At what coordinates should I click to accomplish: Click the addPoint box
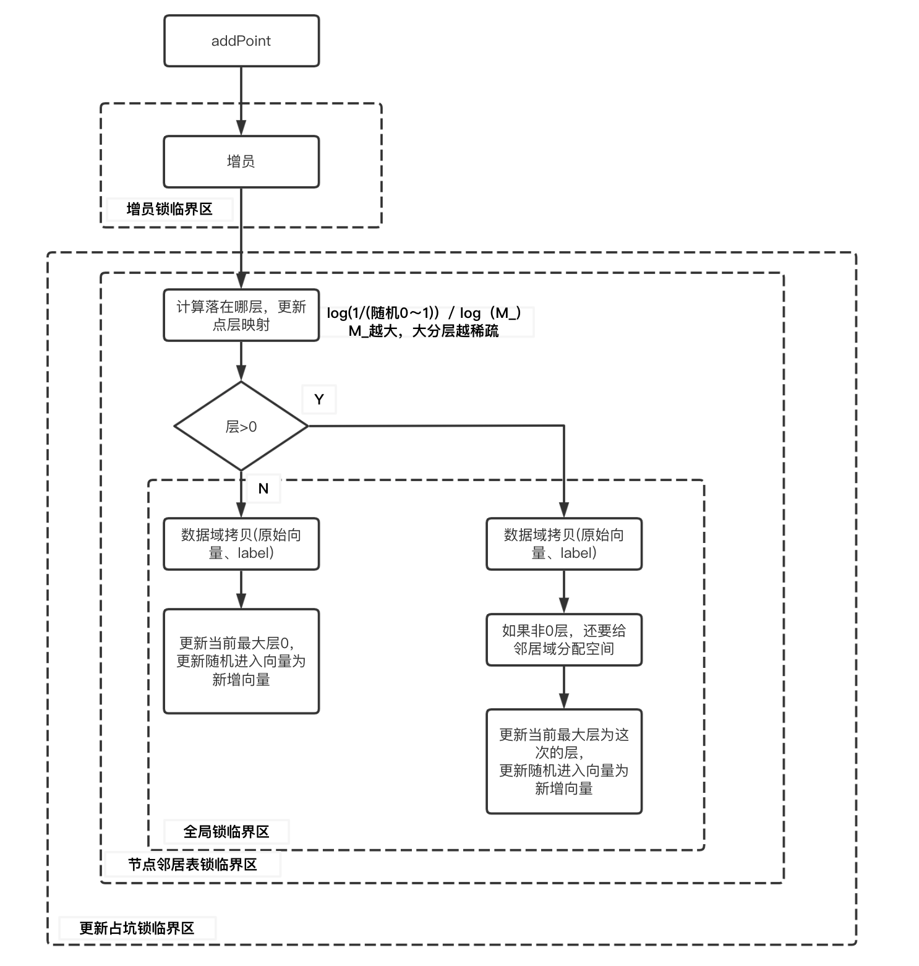click(241, 41)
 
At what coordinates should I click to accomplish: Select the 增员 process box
click(241, 161)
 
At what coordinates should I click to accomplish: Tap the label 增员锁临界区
click(169, 209)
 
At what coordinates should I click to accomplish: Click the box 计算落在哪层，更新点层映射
click(241, 315)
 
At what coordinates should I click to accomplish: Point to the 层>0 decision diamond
click(241, 426)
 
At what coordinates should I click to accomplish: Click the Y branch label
click(319, 400)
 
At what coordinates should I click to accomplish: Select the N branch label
click(263, 489)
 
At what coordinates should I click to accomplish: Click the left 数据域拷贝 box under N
click(241, 544)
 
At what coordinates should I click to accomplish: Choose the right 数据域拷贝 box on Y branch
click(564, 544)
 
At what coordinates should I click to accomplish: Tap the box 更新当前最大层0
click(241, 661)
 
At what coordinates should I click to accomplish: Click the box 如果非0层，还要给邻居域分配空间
click(564, 639)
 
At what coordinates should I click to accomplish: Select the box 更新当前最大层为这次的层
click(564, 761)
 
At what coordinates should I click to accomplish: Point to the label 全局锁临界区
click(226, 832)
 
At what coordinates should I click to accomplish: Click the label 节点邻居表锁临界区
click(192, 865)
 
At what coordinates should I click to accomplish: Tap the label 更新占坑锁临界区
click(137, 928)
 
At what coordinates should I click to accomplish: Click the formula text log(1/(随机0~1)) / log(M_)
click(424, 313)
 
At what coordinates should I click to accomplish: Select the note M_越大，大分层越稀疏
click(424, 331)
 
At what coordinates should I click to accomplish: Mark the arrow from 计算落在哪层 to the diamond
click(241, 361)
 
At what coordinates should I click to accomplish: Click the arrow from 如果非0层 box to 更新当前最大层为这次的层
click(564, 687)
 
